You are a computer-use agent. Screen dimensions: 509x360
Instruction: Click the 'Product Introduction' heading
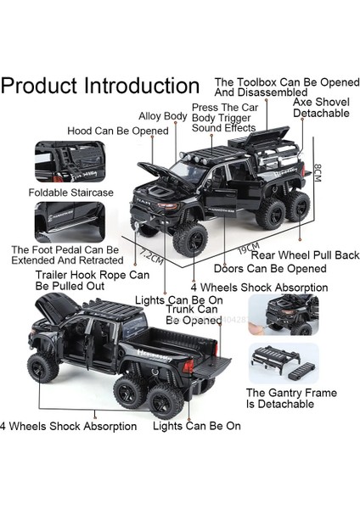tap(100, 86)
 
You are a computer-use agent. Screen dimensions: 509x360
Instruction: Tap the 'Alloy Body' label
tap(164, 116)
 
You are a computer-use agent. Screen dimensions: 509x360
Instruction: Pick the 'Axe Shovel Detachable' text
tap(320, 107)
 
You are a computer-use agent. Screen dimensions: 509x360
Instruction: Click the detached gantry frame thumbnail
tap(284, 363)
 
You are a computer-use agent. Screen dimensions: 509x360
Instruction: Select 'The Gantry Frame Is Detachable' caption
tap(291, 400)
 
